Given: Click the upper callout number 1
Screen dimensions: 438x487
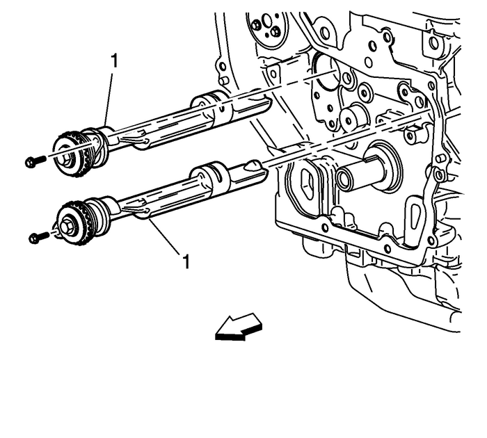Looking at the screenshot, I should pos(114,61).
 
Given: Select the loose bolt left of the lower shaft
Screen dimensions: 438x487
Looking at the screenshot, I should pos(38,237).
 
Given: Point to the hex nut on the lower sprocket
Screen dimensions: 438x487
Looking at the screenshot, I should pos(67,225).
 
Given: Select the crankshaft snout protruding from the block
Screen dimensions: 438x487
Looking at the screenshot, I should pos(362,174).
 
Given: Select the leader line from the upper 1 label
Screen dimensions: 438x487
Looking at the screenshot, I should pos(110,97).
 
